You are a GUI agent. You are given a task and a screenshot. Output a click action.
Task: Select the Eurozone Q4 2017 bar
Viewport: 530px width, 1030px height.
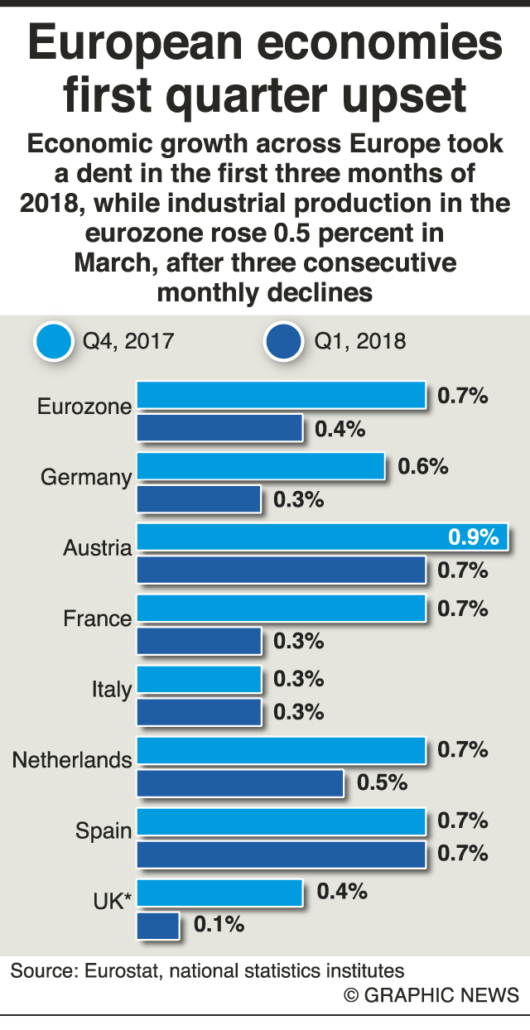click(281, 395)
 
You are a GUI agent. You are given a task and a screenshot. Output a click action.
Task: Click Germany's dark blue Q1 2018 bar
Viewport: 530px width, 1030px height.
click(199, 499)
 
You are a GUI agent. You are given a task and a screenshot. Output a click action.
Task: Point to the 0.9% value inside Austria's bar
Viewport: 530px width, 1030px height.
click(474, 537)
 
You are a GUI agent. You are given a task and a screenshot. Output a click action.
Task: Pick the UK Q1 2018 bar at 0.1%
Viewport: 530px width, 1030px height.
click(157, 924)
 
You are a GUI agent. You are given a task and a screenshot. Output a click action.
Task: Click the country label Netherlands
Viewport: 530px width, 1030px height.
click(72, 759)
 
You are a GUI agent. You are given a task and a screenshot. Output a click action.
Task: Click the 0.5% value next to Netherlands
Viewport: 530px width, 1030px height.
click(382, 782)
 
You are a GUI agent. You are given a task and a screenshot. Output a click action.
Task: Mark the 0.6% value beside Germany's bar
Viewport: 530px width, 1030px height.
click(422, 466)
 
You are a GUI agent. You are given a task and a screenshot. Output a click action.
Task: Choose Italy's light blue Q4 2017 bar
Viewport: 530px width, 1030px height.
click(199, 678)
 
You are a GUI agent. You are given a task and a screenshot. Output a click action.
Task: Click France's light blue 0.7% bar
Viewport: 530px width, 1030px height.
click(281, 608)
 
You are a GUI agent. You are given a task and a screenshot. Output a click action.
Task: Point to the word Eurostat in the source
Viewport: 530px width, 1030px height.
click(117, 970)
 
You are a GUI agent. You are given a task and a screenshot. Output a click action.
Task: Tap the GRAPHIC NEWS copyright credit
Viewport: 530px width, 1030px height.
click(432, 995)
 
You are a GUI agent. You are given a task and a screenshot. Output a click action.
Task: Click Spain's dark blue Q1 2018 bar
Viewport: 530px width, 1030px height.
click(281, 854)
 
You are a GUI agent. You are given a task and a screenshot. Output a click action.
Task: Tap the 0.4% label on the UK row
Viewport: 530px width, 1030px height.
click(341, 891)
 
